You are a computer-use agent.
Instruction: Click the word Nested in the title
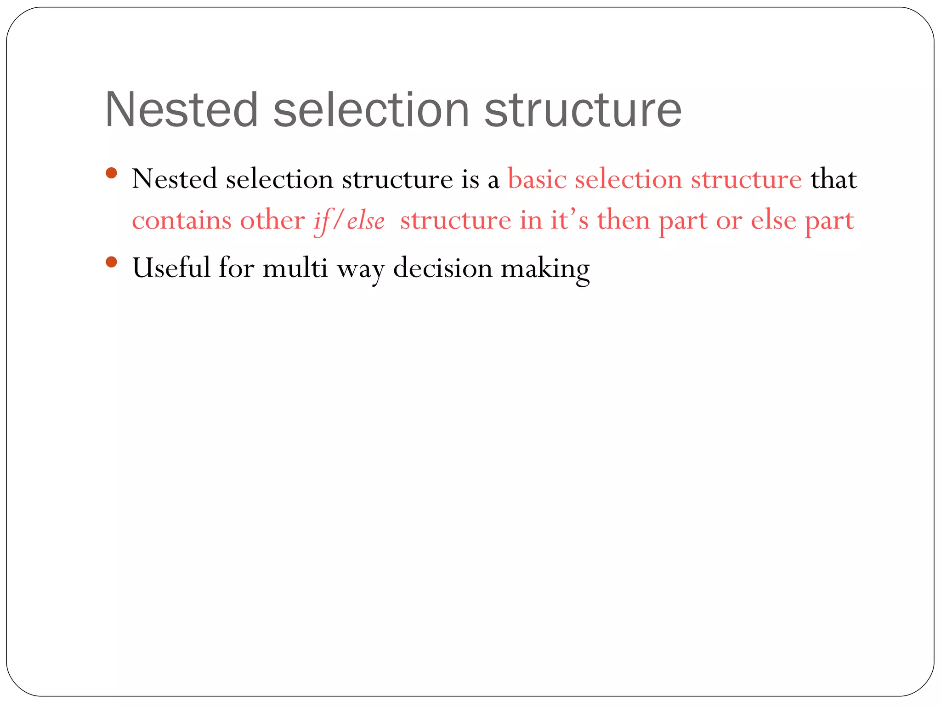point(181,110)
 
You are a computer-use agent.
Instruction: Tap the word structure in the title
point(583,110)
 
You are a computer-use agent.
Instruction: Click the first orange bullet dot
point(111,173)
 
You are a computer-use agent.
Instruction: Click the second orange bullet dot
point(111,262)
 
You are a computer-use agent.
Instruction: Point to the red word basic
point(537,179)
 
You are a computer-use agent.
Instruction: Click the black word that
point(833,179)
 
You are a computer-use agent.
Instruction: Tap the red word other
point(272,220)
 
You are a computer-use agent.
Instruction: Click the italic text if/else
point(349,221)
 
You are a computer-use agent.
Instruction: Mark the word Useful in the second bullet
point(171,268)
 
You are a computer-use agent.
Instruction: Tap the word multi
point(295,268)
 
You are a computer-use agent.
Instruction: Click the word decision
point(442,268)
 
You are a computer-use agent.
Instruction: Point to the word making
point(545,269)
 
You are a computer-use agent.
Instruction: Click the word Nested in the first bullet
point(174,179)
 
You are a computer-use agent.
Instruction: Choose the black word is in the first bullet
point(470,179)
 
